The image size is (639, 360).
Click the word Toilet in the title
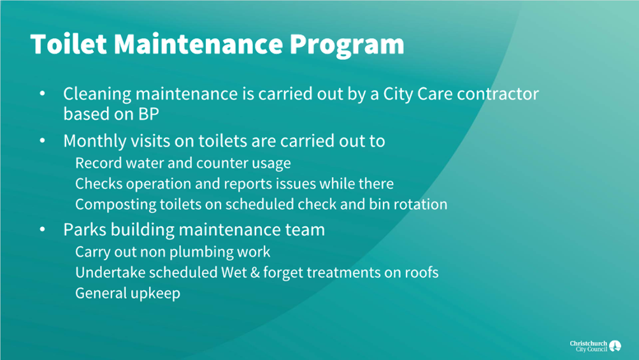[x=68, y=43]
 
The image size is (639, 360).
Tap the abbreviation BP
[x=148, y=114]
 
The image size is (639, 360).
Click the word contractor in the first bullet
[x=498, y=94]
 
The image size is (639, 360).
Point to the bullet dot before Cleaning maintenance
[x=43, y=94]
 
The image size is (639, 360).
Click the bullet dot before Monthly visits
[x=43, y=141]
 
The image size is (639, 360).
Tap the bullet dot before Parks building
[x=43, y=229]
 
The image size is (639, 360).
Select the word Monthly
[x=95, y=141]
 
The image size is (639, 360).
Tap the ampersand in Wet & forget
[x=255, y=272]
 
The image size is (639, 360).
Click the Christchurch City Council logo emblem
[x=615, y=346]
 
